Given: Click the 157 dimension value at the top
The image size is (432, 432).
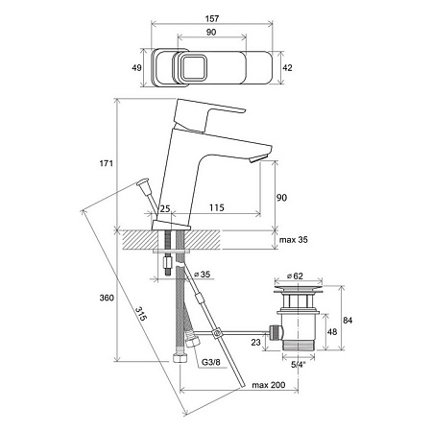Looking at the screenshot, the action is pos(212,18).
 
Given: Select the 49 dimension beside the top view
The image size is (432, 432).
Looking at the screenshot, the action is pos(136,68).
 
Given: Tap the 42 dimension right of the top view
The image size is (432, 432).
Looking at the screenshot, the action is pos(288,68).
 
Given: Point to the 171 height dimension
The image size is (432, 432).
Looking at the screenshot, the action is pos(107,163).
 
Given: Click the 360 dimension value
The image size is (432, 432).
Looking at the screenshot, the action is pos(107,298).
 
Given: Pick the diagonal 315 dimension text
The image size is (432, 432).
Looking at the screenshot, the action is pos(141,314).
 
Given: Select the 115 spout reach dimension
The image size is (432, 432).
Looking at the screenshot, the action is pos(217,207).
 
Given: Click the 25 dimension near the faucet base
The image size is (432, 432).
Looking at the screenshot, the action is pos(165,209).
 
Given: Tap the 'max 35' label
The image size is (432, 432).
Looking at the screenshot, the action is pos(294,240).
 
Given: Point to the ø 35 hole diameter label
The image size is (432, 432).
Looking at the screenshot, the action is pos(203,275).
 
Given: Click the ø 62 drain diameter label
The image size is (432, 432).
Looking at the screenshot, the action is pos(295,276).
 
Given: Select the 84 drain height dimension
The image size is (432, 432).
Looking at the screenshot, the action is pos(348,320).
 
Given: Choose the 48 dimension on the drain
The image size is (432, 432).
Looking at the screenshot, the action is pos(332,331).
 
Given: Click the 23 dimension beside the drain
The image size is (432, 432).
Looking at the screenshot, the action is pos(255,342).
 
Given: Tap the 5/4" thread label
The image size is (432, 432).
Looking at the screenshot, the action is pos(299,364).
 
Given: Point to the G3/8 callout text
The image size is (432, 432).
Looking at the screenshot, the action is pos(211,363).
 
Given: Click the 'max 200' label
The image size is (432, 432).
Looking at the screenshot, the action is pos(268,385).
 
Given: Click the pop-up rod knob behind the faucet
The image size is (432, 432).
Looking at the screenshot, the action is pos(144,184).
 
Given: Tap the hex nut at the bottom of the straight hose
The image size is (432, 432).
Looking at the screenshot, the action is pos(180,357).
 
